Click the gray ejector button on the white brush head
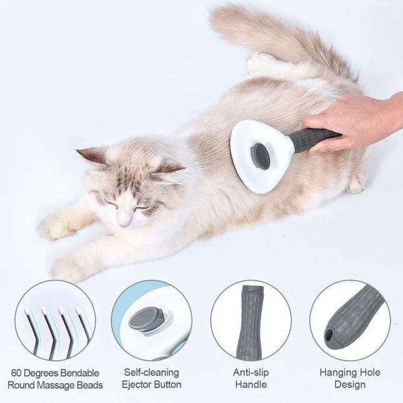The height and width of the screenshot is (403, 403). tap(261, 156)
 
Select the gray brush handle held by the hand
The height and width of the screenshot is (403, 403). tap(312, 140)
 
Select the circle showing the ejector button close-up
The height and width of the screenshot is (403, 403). tap(152, 320)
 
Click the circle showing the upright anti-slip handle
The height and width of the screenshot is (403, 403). tap(251, 320)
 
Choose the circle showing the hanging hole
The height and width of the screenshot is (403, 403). tap(350, 320)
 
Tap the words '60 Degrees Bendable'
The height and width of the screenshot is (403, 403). tap(55, 372)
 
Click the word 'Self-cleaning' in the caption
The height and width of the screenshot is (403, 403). tap(152, 372)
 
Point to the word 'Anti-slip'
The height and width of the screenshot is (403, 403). tap(251, 372)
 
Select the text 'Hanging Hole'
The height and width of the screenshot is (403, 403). tap(350, 372)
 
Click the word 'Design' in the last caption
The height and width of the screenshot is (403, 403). tap(350, 385)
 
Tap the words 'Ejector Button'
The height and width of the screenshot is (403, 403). tap(152, 385)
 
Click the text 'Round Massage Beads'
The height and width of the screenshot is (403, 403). tap(55, 385)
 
